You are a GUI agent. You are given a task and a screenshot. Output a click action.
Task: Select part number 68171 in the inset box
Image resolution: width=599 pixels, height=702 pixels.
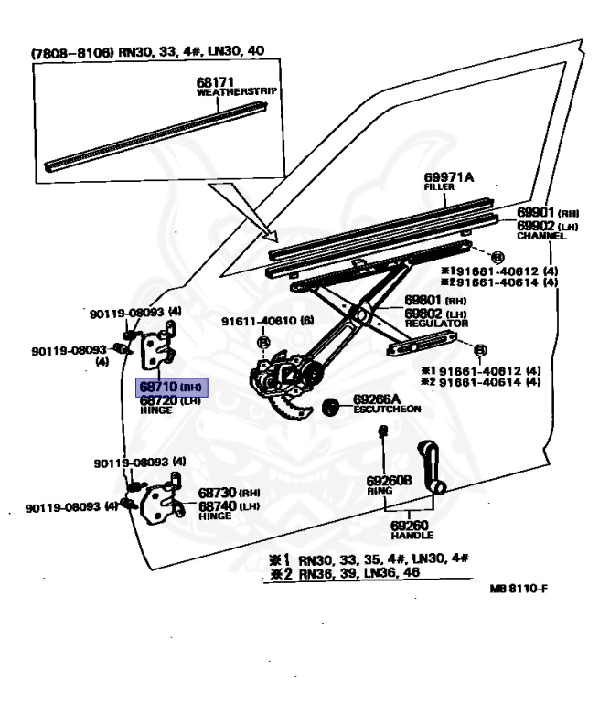pyautogui.click(x=214, y=81)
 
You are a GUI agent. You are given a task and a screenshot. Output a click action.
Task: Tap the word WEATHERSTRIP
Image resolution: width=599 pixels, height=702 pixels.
pyautogui.click(x=237, y=91)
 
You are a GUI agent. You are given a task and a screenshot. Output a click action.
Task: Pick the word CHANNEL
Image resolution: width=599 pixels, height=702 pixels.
pyautogui.click(x=541, y=236)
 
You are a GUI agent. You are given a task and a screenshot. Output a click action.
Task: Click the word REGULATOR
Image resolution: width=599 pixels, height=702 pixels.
pyautogui.click(x=436, y=324)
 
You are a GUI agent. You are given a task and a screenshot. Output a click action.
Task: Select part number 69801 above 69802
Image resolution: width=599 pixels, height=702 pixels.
pyautogui.click(x=423, y=301)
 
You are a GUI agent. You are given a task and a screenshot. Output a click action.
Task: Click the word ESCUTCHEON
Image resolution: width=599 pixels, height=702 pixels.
pyautogui.click(x=387, y=409)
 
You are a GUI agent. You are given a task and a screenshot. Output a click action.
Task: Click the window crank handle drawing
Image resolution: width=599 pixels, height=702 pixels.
pyautogui.click(x=430, y=465)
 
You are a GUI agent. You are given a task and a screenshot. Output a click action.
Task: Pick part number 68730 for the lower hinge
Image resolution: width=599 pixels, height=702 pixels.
pyautogui.click(x=217, y=493)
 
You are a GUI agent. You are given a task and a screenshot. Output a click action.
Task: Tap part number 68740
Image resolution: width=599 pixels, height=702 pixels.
pyautogui.click(x=217, y=505)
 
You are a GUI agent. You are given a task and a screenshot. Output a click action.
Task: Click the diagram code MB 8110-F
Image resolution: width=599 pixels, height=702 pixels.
pyautogui.click(x=519, y=588)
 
